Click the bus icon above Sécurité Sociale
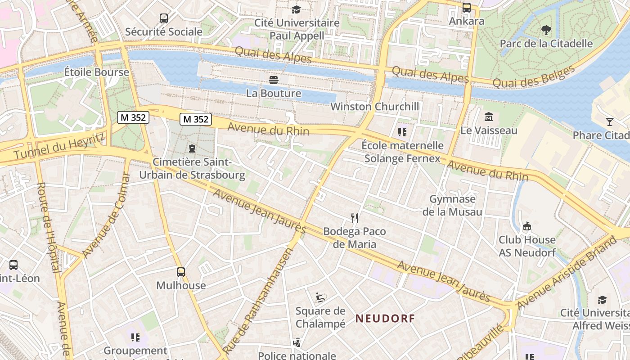pyautogui.click(x=164, y=18)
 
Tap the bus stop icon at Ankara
pyautogui.click(x=467, y=8)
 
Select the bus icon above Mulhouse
pyautogui.click(x=181, y=272)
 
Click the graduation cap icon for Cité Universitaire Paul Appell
pyautogui.click(x=296, y=9)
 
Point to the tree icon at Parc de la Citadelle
pyautogui.click(x=546, y=30)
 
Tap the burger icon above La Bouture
pyautogui.click(x=274, y=80)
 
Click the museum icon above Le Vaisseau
pyautogui.click(x=489, y=117)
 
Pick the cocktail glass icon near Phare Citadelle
pyautogui.click(x=609, y=122)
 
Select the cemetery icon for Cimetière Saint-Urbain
pyautogui.click(x=192, y=148)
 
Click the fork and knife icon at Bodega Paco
pyautogui.click(x=355, y=218)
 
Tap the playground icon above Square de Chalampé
pyautogui.click(x=320, y=297)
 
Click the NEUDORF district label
pyautogui.click(x=385, y=319)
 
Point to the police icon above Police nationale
pyautogui.click(x=297, y=343)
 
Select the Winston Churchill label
pyautogui.click(x=375, y=107)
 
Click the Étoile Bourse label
pyautogui.click(x=96, y=72)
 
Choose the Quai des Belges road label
pyautogui.click(x=534, y=76)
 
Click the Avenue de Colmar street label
pyautogui.click(x=106, y=216)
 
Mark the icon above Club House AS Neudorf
pyautogui.click(x=527, y=226)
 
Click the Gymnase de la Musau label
pyautogui.click(x=452, y=205)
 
